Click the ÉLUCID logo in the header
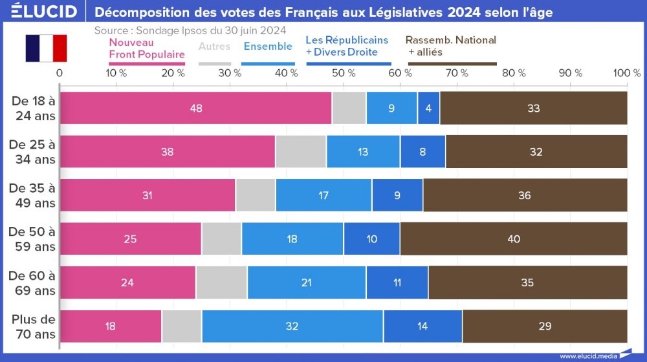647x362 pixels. pyautogui.click(x=44, y=11)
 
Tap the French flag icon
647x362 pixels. pyautogui.click(x=46, y=48)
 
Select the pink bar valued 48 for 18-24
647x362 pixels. pyautogui.click(x=195, y=108)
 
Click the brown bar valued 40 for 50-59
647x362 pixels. pyautogui.click(x=514, y=239)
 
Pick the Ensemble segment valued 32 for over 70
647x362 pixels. pyautogui.click(x=292, y=326)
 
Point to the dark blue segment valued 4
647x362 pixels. pyautogui.click(x=428, y=108)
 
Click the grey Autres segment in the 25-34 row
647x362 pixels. pyautogui.click(x=301, y=152)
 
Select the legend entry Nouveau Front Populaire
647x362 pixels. pyautogui.click(x=146, y=47)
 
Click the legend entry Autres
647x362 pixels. pyautogui.click(x=214, y=47)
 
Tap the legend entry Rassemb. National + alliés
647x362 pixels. pyautogui.click(x=452, y=46)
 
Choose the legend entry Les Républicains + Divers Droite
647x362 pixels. pyautogui.click(x=347, y=46)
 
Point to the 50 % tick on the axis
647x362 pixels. pyautogui.click(x=343, y=74)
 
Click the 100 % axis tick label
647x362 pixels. pyautogui.click(x=626, y=74)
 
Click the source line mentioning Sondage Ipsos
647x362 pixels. pyautogui.click(x=190, y=30)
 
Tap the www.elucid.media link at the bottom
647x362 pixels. pyautogui.click(x=588, y=356)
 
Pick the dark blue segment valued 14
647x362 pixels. pyautogui.click(x=422, y=326)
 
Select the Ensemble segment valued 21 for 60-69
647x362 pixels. pyautogui.click(x=306, y=282)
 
